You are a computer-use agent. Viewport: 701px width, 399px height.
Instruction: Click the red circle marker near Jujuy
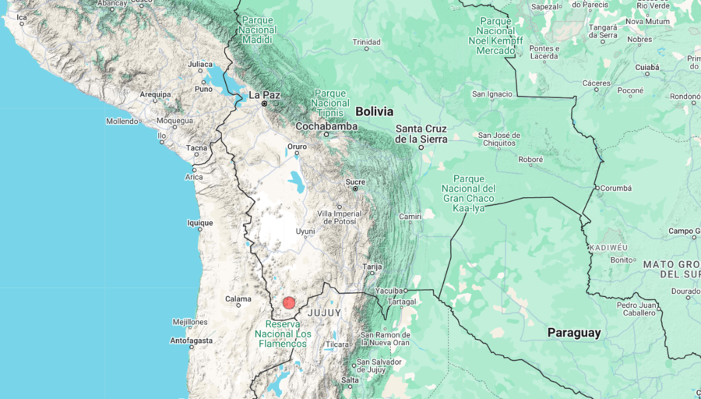289,302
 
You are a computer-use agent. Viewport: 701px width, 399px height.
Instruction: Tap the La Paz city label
264,95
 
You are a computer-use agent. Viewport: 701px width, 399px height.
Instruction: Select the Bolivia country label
375,111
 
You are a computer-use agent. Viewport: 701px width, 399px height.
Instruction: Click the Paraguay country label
574,333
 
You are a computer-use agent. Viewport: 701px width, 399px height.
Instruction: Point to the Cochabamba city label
326,126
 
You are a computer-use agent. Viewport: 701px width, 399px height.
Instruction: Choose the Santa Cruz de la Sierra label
421,133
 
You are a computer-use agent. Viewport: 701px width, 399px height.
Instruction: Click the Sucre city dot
355,189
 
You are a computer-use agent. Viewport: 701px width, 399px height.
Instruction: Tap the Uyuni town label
305,231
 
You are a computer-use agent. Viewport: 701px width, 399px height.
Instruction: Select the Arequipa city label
155,94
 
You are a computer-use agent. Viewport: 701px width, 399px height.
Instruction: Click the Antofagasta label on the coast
192,340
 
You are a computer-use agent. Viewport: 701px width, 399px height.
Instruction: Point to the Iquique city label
199,222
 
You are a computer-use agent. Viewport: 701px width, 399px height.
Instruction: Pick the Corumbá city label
617,188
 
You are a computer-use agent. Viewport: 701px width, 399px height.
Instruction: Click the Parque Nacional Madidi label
258,30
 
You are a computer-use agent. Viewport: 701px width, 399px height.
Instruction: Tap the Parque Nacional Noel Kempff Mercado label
495,35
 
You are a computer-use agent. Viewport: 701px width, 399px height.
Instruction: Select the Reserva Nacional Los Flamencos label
280,334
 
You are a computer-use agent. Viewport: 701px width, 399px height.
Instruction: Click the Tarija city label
372,267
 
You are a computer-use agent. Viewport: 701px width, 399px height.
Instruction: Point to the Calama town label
238,298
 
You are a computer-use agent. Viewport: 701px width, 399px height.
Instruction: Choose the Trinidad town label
366,42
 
